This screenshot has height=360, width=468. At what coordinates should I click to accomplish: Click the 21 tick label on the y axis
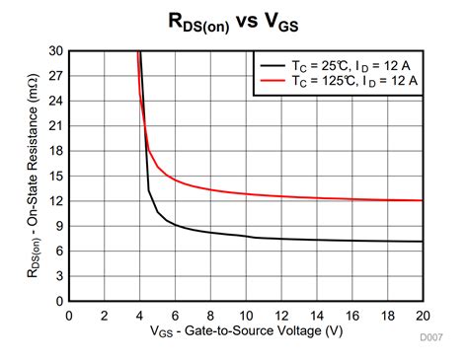pyautogui.click(x=54, y=125)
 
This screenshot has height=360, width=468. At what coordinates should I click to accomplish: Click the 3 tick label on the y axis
pyautogui.click(x=57, y=276)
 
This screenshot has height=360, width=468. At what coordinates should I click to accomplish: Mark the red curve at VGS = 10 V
pyautogui.click(x=245, y=194)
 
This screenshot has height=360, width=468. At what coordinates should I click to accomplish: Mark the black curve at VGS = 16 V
pyautogui.click(x=351, y=241)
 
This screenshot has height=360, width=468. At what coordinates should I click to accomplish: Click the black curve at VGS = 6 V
pyautogui.click(x=175, y=224)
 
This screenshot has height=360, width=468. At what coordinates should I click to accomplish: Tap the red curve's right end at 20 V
pyautogui.click(x=422, y=200)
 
